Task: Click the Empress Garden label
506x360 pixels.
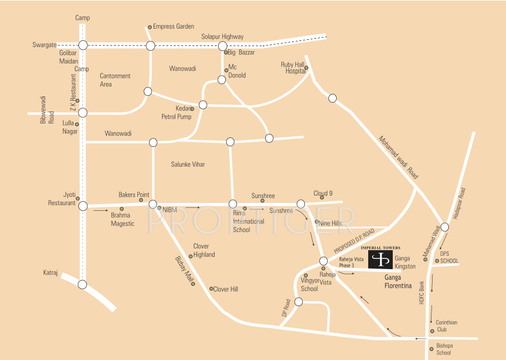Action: point(174,26)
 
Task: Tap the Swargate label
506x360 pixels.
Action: point(45,45)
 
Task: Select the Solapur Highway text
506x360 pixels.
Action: point(222,36)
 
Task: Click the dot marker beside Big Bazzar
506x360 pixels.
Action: point(226,53)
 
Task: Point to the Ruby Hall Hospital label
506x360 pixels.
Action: point(292,68)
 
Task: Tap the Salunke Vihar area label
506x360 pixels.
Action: point(188,164)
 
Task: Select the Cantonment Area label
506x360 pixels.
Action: point(115,80)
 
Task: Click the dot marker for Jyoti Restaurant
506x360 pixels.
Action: point(78,199)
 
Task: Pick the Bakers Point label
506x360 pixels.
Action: point(134,195)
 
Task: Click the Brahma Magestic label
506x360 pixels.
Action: point(122,219)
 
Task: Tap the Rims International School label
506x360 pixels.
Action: point(249,221)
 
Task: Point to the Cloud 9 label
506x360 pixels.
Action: point(323,192)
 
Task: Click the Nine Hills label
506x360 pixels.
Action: point(331,223)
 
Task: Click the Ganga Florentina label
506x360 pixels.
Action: point(398,281)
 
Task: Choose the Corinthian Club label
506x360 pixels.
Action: point(447,326)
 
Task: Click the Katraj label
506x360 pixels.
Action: point(51,273)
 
